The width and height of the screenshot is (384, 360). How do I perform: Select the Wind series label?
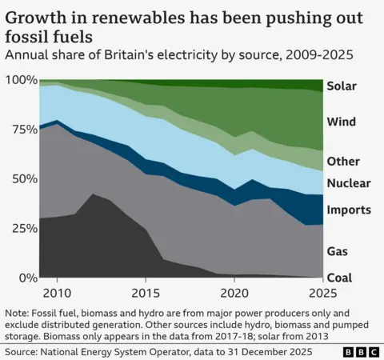(342, 122)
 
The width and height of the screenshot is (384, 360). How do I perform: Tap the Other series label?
(343, 162)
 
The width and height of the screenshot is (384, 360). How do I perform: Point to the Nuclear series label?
(349, 183)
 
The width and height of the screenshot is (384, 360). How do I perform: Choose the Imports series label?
(349, 210)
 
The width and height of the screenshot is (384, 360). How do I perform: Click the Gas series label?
(338, 251)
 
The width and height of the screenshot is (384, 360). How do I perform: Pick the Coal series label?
(340, 278)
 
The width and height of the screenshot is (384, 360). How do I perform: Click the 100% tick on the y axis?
(21, 80)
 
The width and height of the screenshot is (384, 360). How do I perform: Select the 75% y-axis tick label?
(23, 130)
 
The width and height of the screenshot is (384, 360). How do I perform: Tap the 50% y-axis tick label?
(23, 178)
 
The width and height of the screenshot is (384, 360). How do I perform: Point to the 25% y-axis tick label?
(23, 228)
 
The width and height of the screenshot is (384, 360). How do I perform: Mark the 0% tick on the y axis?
(27, 278)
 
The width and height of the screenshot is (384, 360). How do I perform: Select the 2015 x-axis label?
(144, 292)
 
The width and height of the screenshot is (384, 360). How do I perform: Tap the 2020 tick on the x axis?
(233, 292)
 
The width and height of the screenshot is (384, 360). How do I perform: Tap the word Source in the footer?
(24, 351)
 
